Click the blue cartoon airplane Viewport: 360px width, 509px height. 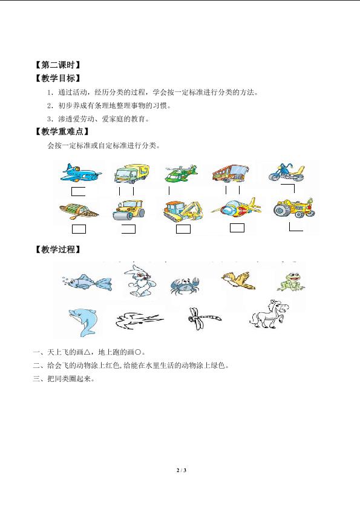pos(80,172)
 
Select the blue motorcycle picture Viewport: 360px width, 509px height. pos(287,172)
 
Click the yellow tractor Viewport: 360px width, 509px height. pos(294,208)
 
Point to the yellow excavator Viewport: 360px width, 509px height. pos(183,211)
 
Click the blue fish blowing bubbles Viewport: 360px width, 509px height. pos(87,282)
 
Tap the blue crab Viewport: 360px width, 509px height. pos(185,285)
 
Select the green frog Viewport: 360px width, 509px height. pos(291,281)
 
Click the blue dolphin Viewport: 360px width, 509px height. pos(82,322)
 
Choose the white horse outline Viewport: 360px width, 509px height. pos(269,314)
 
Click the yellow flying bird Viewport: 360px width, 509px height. pos(238,280)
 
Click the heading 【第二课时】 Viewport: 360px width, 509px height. pos(57,65)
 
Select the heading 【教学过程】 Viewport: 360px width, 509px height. pos(57,249)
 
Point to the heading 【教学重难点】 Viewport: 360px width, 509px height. pos(62,132)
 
